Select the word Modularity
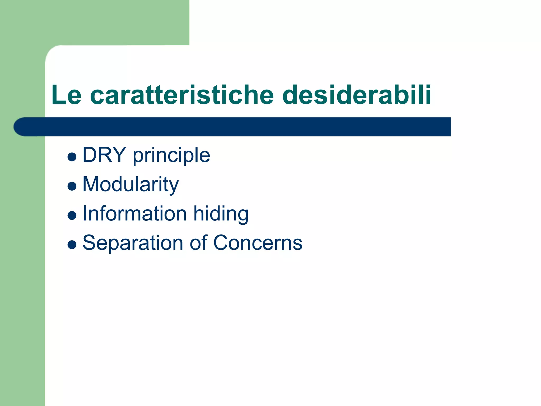(x=130, y=184)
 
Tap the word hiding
(x=221, y=215)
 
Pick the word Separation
(x=133, y=243)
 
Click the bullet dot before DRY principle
(x=72, y=157)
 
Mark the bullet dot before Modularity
(x=72, y=186)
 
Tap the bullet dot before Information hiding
(x=72, y=215)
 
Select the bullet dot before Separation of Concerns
(x=72, y=244)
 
